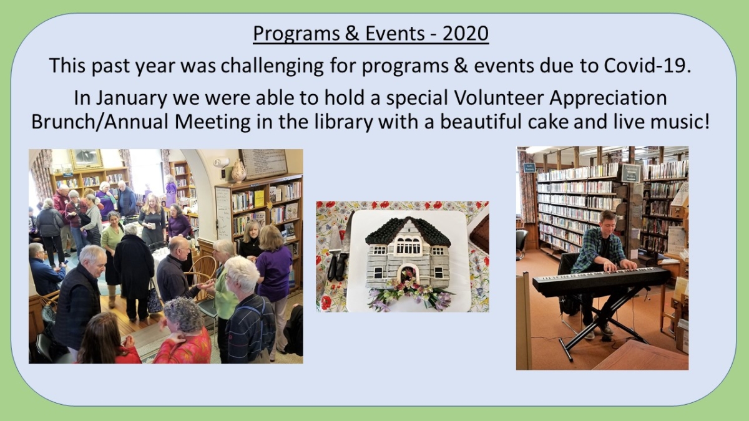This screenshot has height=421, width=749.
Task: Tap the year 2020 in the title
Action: tap(465, 34)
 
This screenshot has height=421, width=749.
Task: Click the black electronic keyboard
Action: tap(600, 281)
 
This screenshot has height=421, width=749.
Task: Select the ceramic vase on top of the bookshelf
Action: tap(238, 170)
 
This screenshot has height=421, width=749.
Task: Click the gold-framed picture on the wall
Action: tap(86, 159)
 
